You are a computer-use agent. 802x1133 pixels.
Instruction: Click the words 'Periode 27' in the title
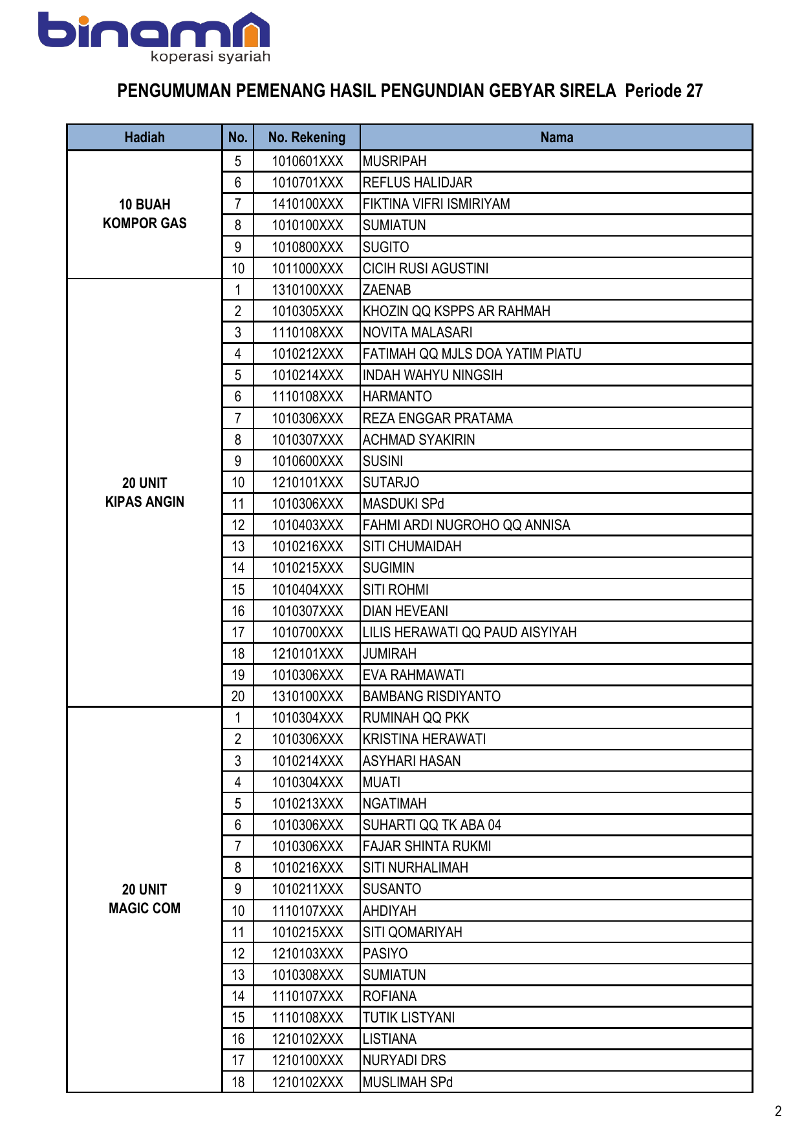[x=664, y=91]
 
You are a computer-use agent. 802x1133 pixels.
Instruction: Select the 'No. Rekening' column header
[x=307, y=138]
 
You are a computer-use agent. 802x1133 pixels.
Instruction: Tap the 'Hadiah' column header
[x=144, y=138]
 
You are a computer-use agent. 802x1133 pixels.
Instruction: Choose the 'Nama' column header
[x=556, y=138]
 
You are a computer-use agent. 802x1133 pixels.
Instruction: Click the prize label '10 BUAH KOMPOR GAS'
[x=144, y=214]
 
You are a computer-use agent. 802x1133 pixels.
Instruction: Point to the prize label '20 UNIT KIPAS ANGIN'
[x=144, y=492]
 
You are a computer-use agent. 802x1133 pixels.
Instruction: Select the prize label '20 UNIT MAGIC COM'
[x=144, y=899]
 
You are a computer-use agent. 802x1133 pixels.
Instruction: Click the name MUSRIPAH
[x=395, y=161]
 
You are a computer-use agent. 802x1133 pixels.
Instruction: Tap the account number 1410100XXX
[x=307, y=204]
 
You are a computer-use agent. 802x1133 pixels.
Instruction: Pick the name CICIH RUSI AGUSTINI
[x=426, y=268]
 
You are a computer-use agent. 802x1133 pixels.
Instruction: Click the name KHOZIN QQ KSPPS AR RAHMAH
[x=456, y=311]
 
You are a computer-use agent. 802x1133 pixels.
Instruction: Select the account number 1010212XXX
[x=307, y=354]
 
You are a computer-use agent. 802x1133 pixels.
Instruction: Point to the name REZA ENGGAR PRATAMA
[x=437, y=418]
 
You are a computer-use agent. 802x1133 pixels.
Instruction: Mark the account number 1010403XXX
[x=307, y=525]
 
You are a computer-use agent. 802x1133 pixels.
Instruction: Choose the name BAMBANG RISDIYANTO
[x=431, y=696]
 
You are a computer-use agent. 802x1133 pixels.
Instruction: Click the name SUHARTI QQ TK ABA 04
[x=431, y=825]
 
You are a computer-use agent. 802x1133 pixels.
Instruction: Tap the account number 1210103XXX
[x=307, y=953]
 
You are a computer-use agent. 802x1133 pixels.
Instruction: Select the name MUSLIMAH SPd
[x=407, y=1082]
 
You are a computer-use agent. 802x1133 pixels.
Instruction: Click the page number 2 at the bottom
[x=778, y=1111]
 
